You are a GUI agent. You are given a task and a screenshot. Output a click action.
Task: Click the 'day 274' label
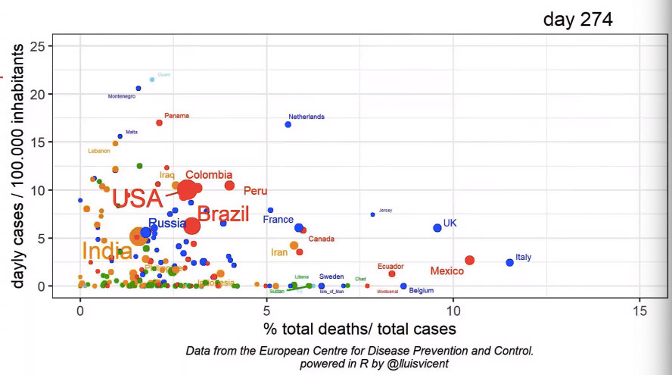pos(577,19)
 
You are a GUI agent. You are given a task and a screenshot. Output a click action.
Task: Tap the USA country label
pos(137,198)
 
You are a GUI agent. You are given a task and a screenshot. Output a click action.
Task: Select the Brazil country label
pos(223,214)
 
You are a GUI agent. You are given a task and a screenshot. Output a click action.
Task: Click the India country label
pos(107,251)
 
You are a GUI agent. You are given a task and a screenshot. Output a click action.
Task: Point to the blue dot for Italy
pos(509,262)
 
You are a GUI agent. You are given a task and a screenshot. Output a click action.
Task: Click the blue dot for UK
pos(437,227)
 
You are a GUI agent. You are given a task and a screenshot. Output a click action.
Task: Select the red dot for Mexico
pos(469,260)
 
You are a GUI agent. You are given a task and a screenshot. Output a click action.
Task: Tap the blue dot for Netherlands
pos(288,124)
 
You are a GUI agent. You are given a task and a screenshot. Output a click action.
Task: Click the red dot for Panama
pos(159,122)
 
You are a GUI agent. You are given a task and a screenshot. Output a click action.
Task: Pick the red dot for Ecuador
pos(392,273)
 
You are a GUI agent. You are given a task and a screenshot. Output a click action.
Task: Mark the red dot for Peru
pos(229,186)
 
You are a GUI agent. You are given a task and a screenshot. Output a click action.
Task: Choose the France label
pos(278,220)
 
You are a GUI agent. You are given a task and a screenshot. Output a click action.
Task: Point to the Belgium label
pos(422,290)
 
